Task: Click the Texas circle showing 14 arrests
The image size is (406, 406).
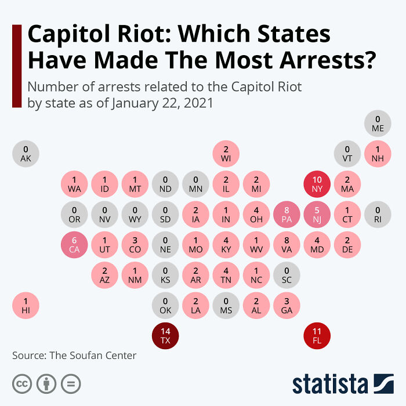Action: tap(166, 336)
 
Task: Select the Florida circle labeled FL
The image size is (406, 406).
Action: tap(317, 336)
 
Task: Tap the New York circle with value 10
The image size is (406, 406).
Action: tap(317, 184)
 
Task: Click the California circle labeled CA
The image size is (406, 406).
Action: tap(75, 245)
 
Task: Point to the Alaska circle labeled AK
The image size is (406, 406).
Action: tap(26, 154)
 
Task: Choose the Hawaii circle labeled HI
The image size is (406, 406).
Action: tap(26, 305)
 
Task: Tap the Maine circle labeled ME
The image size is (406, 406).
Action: tap(378, 124)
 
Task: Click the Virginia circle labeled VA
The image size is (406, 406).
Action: tap(287, 245)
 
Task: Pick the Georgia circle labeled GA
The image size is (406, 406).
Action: tap(287, 305)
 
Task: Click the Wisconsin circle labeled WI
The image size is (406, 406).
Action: tap(226, 154)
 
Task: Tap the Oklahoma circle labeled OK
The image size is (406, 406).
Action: tap(166, 305)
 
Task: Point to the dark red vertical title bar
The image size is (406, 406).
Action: tap(16, 66)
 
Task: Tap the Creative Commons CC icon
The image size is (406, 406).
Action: tap(22, 383)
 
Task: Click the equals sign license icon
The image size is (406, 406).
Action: tap(71, 383)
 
